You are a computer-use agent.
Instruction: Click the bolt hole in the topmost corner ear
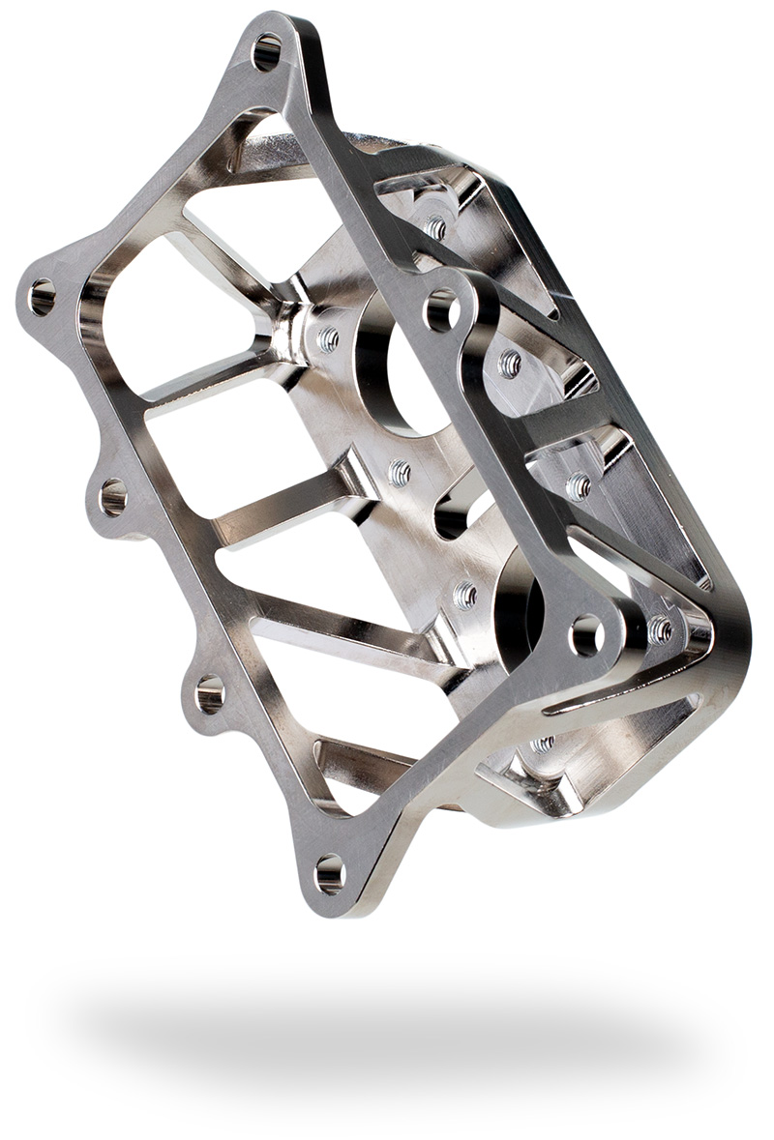pyautogui.click(x=267, y=51)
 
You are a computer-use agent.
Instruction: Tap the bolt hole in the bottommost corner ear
pyautogui.click(x=330, y=873)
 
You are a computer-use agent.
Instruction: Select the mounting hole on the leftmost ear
pyautogui.click(x=42, y=297)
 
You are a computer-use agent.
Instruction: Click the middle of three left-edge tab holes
pyautogui.click(x=113, y=497)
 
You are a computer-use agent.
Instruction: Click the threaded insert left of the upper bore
pyautogui.click(x=329, y=339)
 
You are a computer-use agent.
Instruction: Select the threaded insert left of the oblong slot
pyautogui.click(x=399, y=473)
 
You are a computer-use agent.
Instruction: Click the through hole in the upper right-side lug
pyautogui.click(x=440, y=310)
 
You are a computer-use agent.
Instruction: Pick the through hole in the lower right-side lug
pyautogui.click(x=586, y=635)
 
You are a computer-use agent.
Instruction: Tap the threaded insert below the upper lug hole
pyautogui.click(x=509, y=364)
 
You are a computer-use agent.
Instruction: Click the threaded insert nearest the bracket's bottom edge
pyautogui.click(x=543, y=744)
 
